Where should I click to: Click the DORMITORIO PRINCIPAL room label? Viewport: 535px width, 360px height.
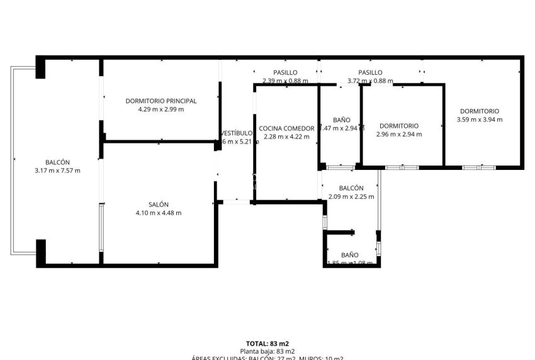click(160, 101)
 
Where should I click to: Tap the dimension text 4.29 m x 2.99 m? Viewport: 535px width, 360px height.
click(160, 109)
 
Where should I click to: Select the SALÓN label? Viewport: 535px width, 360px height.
click(159, 205)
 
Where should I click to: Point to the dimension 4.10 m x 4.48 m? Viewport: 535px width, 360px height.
click(159, 213)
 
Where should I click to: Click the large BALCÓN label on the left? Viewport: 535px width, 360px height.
click(57, 162)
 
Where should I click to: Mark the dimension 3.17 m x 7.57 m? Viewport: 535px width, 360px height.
click(57, 170)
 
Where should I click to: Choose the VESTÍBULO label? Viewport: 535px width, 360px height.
click(237, 133)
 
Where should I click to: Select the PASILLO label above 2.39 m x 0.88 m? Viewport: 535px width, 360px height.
click(285, 72)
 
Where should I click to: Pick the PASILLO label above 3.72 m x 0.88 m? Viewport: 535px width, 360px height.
click(370, 72)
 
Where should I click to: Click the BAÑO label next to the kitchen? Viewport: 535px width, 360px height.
click(341, 120)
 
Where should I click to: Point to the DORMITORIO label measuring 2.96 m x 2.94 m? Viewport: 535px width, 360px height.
click(399, 125)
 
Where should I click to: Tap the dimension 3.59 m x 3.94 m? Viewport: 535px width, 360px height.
click(480, 120)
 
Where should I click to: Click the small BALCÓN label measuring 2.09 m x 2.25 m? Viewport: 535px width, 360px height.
click(351, 188)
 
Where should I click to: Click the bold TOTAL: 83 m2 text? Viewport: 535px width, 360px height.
click(267, 343)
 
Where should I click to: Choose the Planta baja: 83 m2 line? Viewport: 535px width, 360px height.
click(267, 351)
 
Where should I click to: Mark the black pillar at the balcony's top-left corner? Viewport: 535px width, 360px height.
click(40, 67)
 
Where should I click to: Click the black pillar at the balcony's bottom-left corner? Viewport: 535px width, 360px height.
click(40, 252)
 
